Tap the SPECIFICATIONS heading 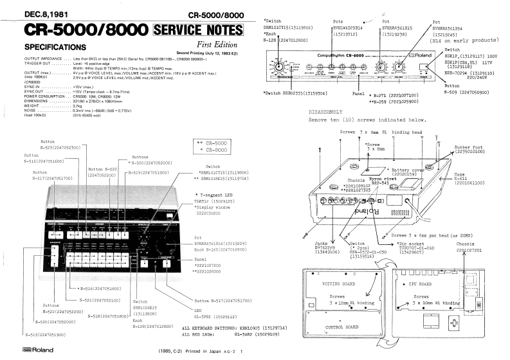pos(52,48)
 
